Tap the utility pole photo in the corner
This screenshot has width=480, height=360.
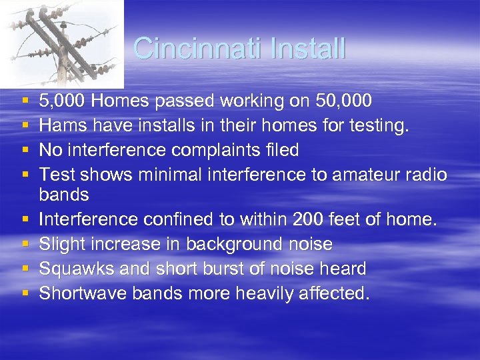coord(61,44)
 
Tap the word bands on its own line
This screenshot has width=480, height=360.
coord(64,195)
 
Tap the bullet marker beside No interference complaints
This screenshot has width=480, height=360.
coord(24,151)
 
